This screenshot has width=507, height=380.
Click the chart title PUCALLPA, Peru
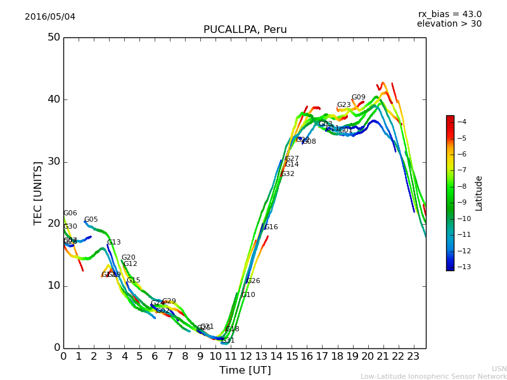(x=245, y=30)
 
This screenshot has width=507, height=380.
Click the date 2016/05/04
(x=50, y=16)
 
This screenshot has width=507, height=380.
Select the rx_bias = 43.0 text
(x=449, y=14)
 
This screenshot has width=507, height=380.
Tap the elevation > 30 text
(x=449, y=24)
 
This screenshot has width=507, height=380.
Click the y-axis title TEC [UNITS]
(x=38, y=193)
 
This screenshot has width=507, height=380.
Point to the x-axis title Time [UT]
(x=245, y=370)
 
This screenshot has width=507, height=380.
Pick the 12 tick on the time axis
(x=246, y=357)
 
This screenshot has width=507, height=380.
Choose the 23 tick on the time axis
(x=413, y=357)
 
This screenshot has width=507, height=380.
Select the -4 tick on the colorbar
(x=462, y=122)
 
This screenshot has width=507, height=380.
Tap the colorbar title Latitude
(x=479, y=193)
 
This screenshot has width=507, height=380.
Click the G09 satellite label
(x=359, y=98)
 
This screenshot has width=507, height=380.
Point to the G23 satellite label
(x=343, y=105)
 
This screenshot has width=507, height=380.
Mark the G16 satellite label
(x=271, y=227)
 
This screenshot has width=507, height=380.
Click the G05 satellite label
(x=91, y=220)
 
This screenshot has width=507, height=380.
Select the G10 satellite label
(x=248, y=295)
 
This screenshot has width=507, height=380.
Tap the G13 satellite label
(x=114, y=243)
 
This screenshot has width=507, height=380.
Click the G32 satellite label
(x=288, y=174)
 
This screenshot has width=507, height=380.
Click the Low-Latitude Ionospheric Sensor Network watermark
(x=433, y=377)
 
